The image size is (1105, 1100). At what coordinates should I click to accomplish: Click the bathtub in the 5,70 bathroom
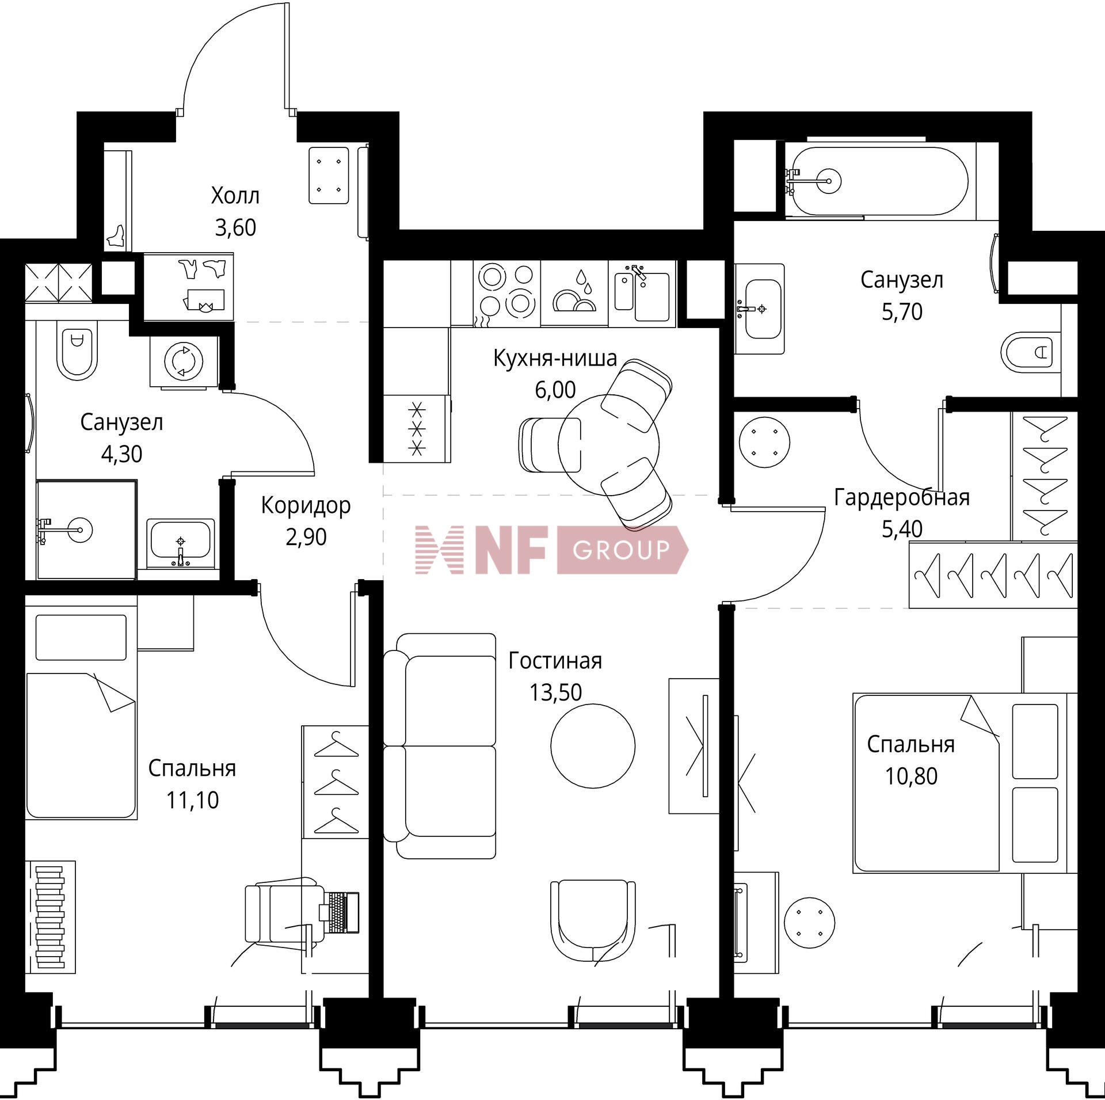(881, 181)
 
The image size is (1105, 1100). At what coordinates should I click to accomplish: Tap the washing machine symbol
(184, 361)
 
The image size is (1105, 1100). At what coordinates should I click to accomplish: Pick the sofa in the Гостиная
(440, 746)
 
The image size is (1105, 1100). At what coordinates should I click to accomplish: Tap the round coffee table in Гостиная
(593, 747)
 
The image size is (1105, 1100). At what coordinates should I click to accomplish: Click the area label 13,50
(555, 692)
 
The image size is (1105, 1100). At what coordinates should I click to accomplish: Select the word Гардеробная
(902, 497)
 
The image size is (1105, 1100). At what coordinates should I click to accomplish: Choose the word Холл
(235, 196)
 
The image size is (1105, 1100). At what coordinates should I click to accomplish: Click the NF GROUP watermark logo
(552, 550)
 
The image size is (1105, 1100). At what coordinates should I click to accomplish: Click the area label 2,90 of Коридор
(306, 537)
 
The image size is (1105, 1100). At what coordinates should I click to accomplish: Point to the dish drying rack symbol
(574, 292)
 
